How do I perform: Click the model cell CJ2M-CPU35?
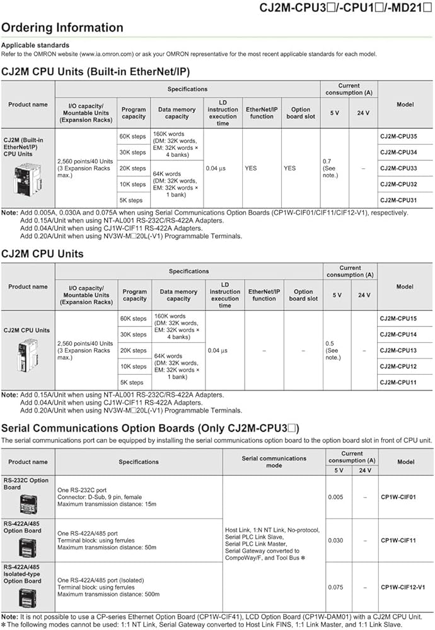(x=398, y=136)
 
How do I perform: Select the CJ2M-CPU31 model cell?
(x=398, y=200)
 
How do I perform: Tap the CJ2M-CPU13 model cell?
(x=398, y=350)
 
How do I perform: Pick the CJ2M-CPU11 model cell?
(x=398, y=382)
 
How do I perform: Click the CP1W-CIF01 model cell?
(x=398, y=497)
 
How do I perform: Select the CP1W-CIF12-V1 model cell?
(x=403, y=587)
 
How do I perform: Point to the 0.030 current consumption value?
(x=336, y=541)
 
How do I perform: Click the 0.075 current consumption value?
(x=336, y=587)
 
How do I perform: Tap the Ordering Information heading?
(x=62, y=28)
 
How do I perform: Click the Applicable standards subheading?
(x=35, y=45)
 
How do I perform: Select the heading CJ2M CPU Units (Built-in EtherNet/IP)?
(x=96, y=71)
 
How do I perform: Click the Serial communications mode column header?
(x=274, y=462)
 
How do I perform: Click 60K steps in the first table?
(x=132, y=136)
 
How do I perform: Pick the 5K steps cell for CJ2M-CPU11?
(x=132, y=382)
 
